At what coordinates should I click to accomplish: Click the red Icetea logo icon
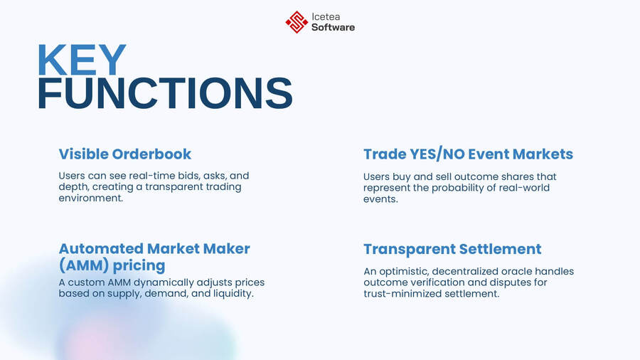[x=297, y=22]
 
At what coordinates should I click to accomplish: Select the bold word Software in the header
[x=333, y=28]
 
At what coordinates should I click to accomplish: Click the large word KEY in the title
[x=81, y=61]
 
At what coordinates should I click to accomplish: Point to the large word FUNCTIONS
[x=164, y=95]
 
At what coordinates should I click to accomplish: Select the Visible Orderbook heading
[x=124, y=154]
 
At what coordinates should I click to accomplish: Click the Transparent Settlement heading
[x=452, y=249]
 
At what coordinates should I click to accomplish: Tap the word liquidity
[x=230, y=294]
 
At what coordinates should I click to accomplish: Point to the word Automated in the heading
[x=100, y=249]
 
